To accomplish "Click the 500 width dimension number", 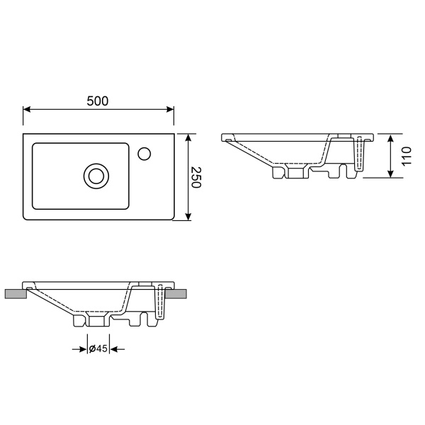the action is (x=98, y=101).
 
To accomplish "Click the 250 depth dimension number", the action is (x=196, y=177).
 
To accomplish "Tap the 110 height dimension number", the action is (x=407, y=156).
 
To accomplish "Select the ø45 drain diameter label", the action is (x=98, y=348).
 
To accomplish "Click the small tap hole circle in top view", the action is (x=144, y=154).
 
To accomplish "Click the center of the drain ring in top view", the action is (x=96, y=176).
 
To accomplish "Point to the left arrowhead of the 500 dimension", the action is (x=27, y=109).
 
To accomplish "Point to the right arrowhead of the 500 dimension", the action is (x=170, y=109).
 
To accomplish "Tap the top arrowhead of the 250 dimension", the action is (x=188, y=137).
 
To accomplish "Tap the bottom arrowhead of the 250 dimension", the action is (x=188, y=217).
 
